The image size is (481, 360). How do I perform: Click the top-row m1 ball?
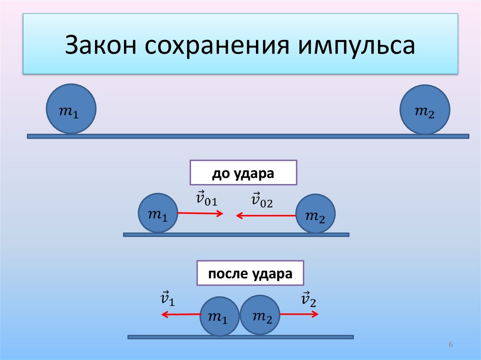(x=71, y=109)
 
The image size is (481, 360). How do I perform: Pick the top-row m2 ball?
(x=425, y=109)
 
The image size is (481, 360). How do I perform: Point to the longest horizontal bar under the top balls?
(x=248, y=136)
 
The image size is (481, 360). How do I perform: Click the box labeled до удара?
(x=243, y=173)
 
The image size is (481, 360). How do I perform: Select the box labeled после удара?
(x=250, y=273)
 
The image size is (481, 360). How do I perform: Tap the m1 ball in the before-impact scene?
(x=158, y=213)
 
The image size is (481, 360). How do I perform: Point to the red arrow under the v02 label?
(x=266, y=215)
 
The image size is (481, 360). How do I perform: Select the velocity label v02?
(x=262, y=201)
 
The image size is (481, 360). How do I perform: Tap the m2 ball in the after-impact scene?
(x=260, y=314)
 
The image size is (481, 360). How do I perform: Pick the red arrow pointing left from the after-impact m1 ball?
(x=181, y=315)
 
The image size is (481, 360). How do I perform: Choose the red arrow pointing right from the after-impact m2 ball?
(x=299, y=314)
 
